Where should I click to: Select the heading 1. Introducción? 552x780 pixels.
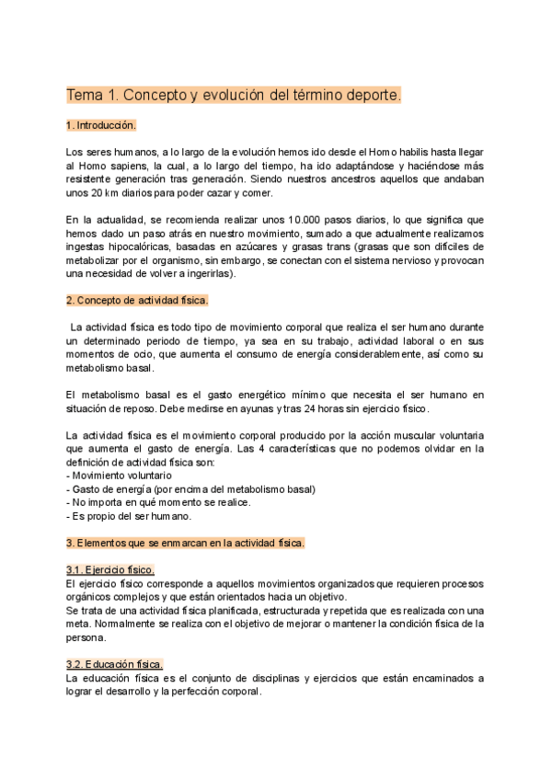pyautogui.click(x=101, y=125)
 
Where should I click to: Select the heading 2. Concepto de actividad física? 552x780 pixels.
pyautogui.click(x=138, y=300)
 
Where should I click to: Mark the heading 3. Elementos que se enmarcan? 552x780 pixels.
pyautogui.click(x=185, y=543)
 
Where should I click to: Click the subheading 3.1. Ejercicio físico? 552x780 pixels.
pyautogui.click(x=110, y=570)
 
